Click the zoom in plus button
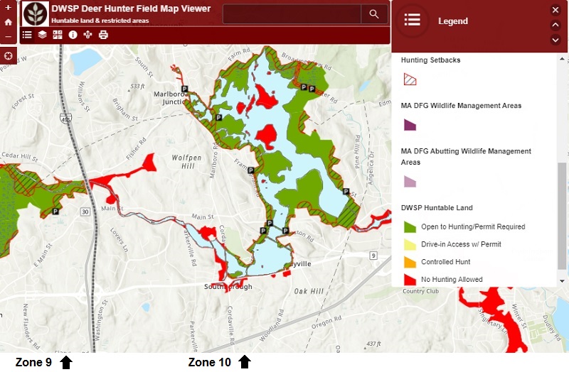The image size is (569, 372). pyautogui.click(x=9, y=8)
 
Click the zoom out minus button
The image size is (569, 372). pyautogui.click(x=9, y=36)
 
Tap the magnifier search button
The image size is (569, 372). pyautogui.click(x=373, y=14)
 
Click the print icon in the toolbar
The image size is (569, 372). pyautogui.click(x=104, y=35)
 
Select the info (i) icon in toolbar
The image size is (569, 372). pyautogui.click(x=73, y=35)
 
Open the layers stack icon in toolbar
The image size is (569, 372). pyautogui.click(x=43, y=35)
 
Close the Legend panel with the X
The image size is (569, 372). pyautogui.click(x=555, y=10)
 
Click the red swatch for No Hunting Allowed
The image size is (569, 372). pyautogui.click(x=409, y=280)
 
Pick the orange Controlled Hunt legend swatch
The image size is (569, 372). pyautogui.click(x=409, y=262)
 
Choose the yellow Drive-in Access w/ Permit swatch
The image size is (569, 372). pyautogui.click(x=409, y=245)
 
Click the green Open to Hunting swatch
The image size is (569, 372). pyautogui.click(x=409, y=227)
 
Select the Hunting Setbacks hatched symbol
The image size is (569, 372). pyautogui.click(x=409, y=80)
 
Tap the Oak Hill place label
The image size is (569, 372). pyautogui.click(x=309, y=291)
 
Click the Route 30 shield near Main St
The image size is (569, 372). pyautogui.click(x=85, y=212)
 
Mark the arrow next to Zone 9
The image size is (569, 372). pyautogui.click(x=66, y=363)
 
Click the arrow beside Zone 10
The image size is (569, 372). pyautogui.click(x=245, y=363)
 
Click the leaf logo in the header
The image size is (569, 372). pyautogui.click(x=35, y=13)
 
